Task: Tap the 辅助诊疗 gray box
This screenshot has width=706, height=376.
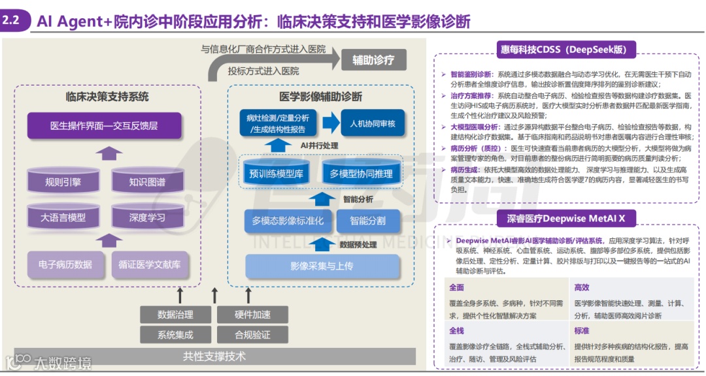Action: point(373,60)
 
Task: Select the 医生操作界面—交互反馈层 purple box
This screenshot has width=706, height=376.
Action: point(104,125)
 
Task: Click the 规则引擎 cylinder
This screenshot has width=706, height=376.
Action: point(63,182)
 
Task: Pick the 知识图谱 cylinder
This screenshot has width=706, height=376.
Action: point(147,182)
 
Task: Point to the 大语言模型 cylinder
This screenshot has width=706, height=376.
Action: point(63,217)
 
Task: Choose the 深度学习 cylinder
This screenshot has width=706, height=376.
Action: point(147,217)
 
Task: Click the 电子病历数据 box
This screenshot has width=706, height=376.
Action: point(65,264)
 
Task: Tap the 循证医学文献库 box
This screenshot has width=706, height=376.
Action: point(150,264)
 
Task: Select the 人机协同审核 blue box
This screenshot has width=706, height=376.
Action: point(372,123)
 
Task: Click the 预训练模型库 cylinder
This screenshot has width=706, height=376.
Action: point(277,174)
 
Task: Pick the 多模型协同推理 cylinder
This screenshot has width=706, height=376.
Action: point(361,174)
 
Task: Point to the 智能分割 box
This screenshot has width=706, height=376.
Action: point(367,221)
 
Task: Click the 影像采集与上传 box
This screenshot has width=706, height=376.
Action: point(322,266)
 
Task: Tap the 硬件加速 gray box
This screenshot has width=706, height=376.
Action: point(252,315)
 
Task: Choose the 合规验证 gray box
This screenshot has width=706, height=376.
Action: point(252,335)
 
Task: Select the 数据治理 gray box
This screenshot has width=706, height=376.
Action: point(175,315)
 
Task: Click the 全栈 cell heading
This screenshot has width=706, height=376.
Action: point(456,331)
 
